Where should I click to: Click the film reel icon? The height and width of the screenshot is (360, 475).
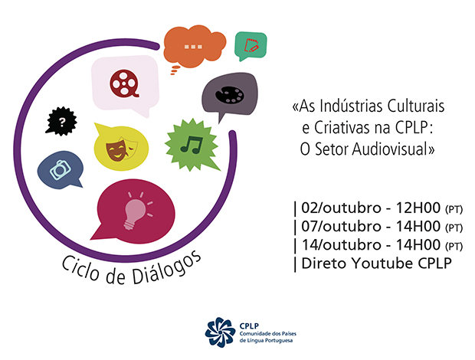pyautogui.click(x=126, y=82)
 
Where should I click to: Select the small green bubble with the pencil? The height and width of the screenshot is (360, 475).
pyautogui.click(x=250, y=45)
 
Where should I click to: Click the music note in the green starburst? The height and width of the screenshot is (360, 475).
pyautogui.click(x=189, y=144)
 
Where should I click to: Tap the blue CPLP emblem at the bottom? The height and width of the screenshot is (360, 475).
pyautogui.click(x=221, y=331)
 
